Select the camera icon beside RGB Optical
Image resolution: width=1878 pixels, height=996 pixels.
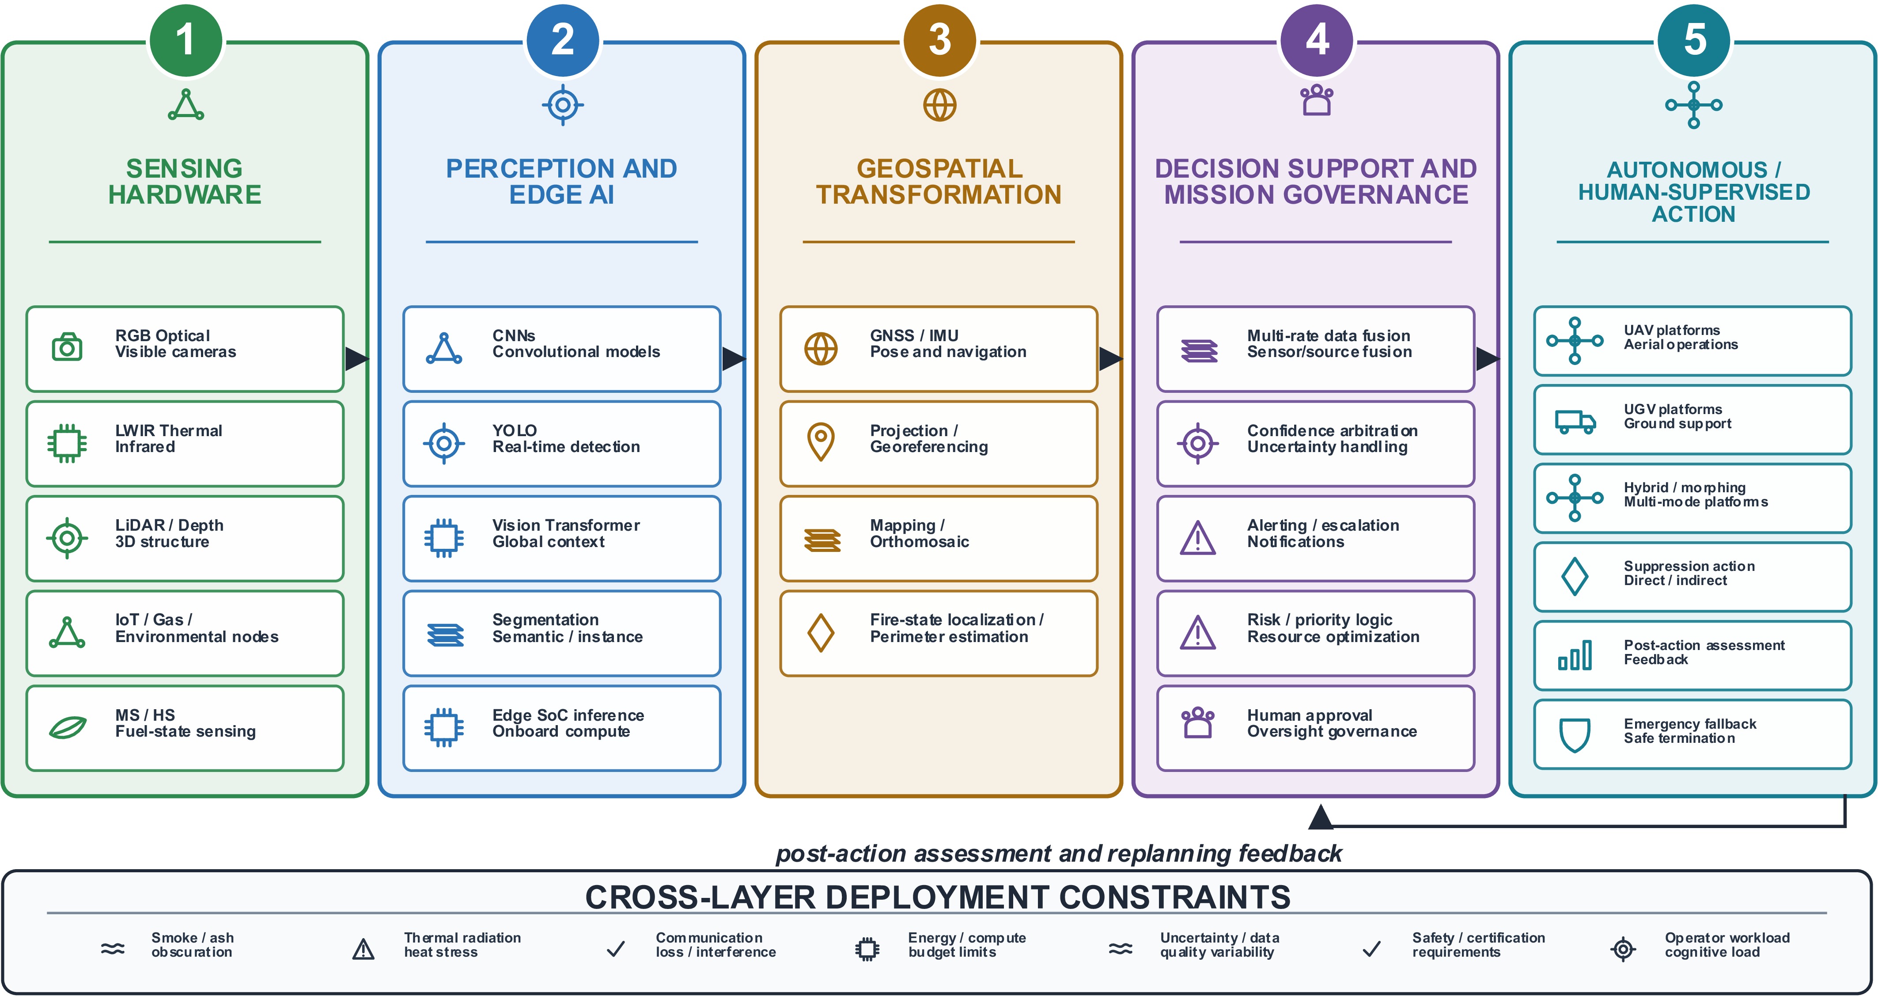(x=67, y=347)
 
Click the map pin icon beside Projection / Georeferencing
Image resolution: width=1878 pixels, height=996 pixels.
(x=821, y=441)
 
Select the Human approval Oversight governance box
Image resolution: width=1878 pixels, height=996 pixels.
(x=1315, y=728)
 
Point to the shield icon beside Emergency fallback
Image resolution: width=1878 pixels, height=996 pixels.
(x=1575, y=734)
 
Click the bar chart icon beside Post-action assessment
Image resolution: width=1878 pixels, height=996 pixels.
(x=1575, y=655)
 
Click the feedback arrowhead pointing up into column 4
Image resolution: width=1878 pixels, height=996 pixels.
(x=1321, y=817)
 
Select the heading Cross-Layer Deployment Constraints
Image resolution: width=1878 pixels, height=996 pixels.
(x=938, y=897)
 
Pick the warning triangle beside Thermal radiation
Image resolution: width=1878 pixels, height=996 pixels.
(x=363, y=949)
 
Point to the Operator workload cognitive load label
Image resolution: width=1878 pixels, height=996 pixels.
(x=1727, y=945)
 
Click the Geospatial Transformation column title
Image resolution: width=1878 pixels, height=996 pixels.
(x=939, y=182)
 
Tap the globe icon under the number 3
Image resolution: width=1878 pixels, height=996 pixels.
(x=940, y=105)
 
